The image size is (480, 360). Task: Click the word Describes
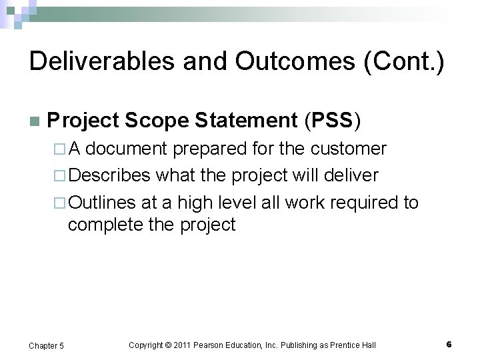tap(110, 175)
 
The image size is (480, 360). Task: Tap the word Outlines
tap(102, 202)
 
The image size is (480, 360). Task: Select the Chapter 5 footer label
tap(47, 345)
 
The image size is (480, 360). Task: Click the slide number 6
tap(449, 344)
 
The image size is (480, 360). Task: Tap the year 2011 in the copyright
tap(183, 345)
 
